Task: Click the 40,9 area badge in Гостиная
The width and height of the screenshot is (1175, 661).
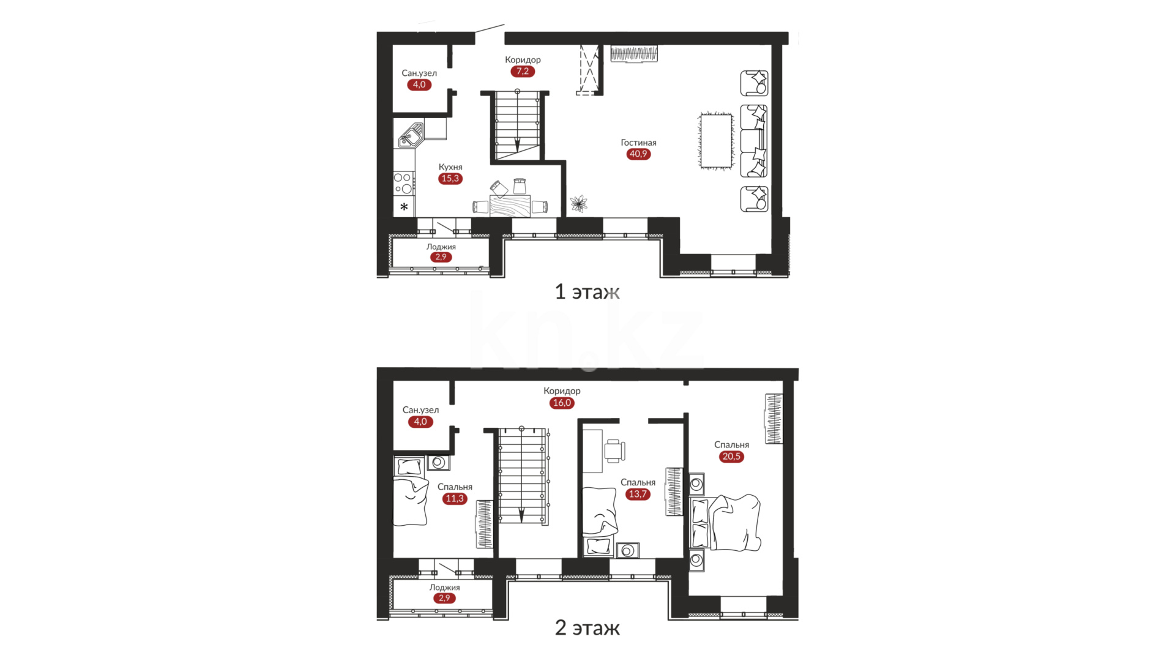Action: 638,154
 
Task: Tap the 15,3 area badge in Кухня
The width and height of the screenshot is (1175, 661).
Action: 450,179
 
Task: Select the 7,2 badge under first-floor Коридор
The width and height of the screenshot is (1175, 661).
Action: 523,71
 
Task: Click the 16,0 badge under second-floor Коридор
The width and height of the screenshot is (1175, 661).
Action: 562,403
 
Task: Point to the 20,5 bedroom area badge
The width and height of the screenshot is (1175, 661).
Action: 731,457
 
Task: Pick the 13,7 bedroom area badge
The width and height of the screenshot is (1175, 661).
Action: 638,494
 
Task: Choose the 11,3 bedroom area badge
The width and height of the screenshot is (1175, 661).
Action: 455,499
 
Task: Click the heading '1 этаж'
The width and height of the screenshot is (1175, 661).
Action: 587,292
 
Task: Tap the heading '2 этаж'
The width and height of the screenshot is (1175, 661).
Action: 587,628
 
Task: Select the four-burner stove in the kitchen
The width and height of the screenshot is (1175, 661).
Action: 403,183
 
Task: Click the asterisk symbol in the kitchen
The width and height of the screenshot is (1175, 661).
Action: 404,207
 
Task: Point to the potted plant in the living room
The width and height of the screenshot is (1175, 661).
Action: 578,203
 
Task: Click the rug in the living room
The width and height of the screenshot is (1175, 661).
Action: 716,141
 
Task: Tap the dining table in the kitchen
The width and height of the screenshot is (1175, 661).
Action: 510,206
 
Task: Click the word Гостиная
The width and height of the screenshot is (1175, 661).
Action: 638,143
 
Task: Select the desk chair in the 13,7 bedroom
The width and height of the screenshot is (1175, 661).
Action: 615,450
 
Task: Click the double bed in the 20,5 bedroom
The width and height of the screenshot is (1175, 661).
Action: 726,523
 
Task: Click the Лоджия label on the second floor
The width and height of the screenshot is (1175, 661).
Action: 444,588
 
